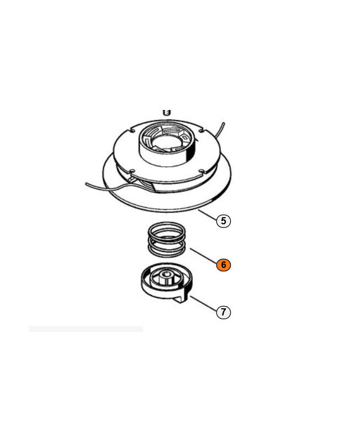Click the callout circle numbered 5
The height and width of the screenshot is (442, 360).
(x=224, y=220)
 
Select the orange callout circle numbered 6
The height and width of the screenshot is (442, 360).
(x=224, y=265)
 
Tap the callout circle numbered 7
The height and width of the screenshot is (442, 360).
(x=224, y=312)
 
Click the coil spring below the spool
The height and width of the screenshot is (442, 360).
(x=167, y=239)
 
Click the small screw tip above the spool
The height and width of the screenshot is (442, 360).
(x=167, y=112)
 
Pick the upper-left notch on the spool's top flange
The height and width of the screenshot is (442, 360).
(x=132, y=130)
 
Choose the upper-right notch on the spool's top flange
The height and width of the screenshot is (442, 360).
(x=201, y=130)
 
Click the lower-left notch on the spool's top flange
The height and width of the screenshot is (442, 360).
(x=132, y=171)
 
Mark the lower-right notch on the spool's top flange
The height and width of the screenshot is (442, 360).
(x=202, y=171)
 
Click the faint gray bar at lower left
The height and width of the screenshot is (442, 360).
(x=86, y=329)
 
